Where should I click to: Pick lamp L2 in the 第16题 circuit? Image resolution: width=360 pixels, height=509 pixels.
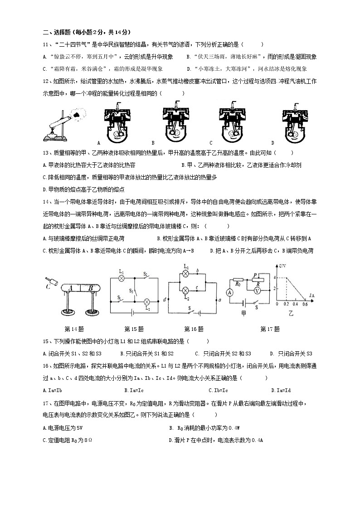[x=185, y=290]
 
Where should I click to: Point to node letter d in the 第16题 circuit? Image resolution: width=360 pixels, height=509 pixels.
[x=164, y=299]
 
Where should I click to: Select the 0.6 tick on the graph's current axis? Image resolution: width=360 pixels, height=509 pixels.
[x=304, y=304]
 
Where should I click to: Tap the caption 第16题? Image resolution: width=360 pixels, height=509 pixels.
[x=194, y=329]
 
